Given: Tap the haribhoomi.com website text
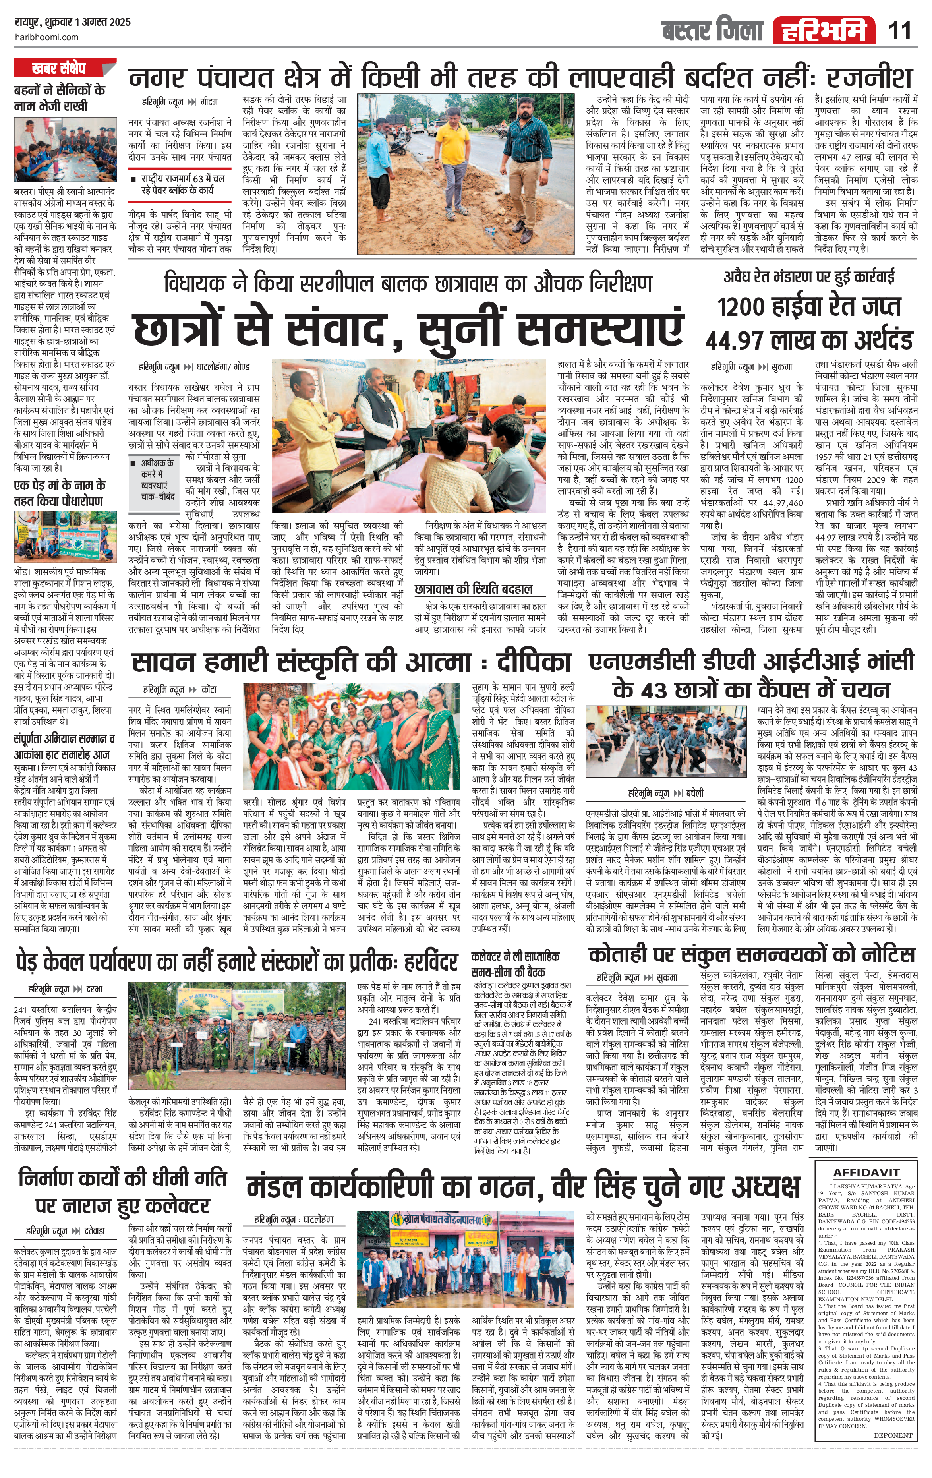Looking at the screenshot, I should point(46,37).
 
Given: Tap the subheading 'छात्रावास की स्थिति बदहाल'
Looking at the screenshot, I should point(473,589).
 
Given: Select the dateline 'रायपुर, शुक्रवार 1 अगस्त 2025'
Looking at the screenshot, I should point(72,23).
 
